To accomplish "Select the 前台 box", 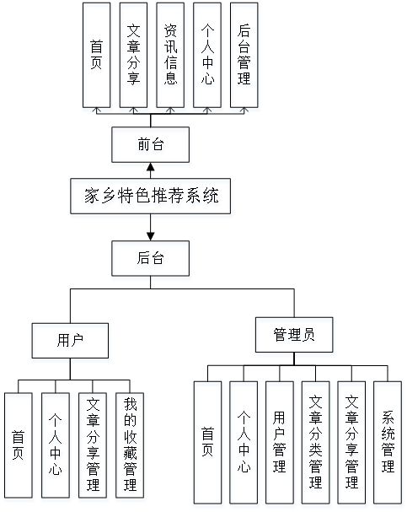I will point(150,144).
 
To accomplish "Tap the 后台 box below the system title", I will point(150,257).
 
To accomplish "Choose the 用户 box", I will point(70,340).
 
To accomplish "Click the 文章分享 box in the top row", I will point(133,54).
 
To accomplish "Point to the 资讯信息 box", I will point(170,54).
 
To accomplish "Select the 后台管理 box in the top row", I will point(244,54).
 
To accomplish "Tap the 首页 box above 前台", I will point(97,54).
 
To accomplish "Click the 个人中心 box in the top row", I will point(207,54).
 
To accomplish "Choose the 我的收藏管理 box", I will point(130,445).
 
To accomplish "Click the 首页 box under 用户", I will point(19,445).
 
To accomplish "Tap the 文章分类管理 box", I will point(316,443).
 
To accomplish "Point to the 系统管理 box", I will point(388,443).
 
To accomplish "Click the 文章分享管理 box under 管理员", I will point(352,443).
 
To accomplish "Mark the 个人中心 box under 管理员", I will point(244,443).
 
